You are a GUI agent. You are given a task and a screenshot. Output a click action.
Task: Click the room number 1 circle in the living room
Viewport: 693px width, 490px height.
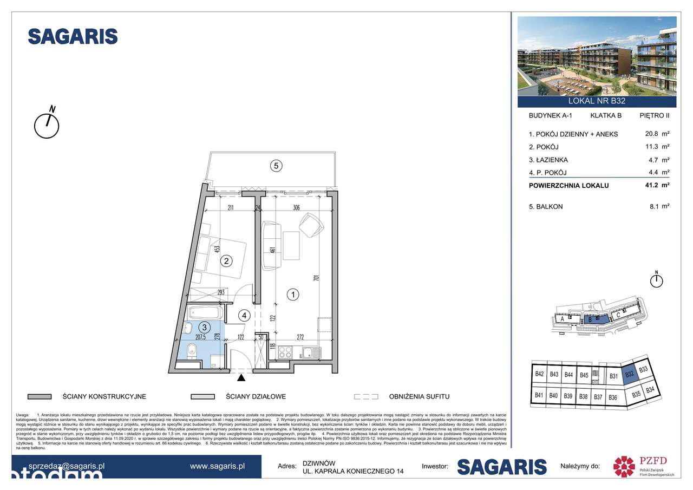point(293,295)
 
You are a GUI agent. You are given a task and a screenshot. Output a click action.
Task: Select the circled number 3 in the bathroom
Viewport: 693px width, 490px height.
point(205,327)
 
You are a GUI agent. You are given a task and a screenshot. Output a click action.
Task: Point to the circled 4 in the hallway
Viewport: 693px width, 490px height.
point(244,315)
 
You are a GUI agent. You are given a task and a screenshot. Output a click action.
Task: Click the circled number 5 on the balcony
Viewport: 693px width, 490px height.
point(276,167)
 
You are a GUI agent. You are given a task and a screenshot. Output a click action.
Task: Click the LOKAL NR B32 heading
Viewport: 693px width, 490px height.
point(597,101)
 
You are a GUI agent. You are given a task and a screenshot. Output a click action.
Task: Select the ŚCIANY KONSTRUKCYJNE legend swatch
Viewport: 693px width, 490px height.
point(39,396)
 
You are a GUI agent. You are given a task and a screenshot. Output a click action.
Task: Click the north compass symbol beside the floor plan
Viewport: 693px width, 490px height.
point(47,125)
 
